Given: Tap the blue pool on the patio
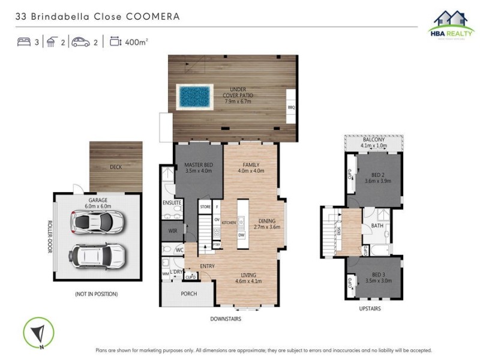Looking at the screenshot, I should click(x=194, y=96).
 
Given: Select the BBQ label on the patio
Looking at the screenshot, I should click(x=292, y=107).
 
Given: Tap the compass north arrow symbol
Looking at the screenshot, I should click(x=38, y=332).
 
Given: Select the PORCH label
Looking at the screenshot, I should click(x=189, y=293).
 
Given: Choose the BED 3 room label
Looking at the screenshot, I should click(x=373, y=275).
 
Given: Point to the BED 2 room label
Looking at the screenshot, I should click(x=374, y=175).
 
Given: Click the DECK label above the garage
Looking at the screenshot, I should click(x=116, y=167).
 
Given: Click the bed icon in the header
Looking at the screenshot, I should click(x=24, y=42).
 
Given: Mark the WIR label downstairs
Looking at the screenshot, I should click(x=173, y=230).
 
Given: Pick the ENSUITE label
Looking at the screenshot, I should click(x=172, y=203).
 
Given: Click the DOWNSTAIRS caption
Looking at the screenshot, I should click(x=226, y=319).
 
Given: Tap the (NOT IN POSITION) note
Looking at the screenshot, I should click(x=96, y=294).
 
